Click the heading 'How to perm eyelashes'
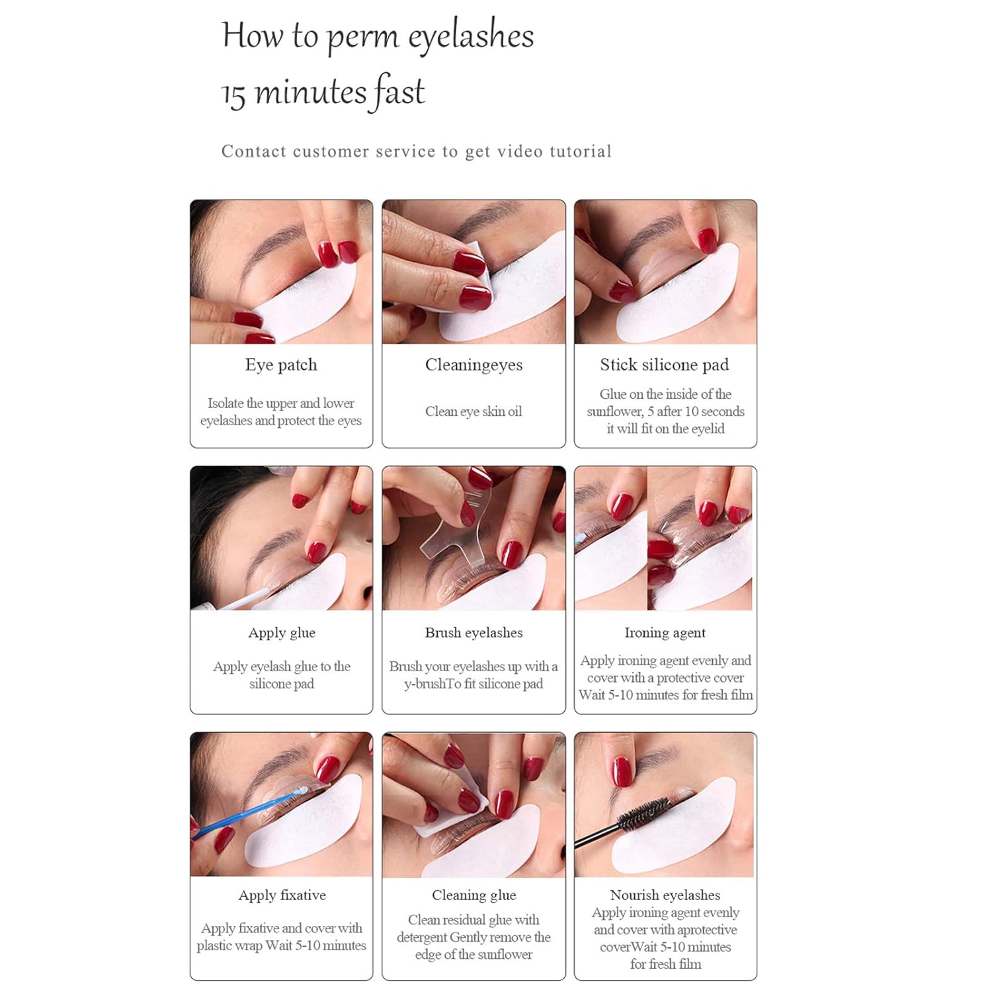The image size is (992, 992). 378,36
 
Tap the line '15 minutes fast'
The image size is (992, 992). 323,92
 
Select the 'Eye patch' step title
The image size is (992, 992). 281,365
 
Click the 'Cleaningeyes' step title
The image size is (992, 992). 474,365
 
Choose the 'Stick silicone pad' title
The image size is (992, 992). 665,365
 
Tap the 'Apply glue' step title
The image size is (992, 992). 282,633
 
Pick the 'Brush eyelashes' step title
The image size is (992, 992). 474,633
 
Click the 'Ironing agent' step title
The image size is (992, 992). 665,633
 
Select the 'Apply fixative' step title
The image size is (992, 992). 282,895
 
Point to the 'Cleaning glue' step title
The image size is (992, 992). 474,895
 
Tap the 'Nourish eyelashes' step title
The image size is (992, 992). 665,895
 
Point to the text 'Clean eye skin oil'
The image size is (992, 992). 474,411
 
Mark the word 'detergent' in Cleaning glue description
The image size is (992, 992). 421,938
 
